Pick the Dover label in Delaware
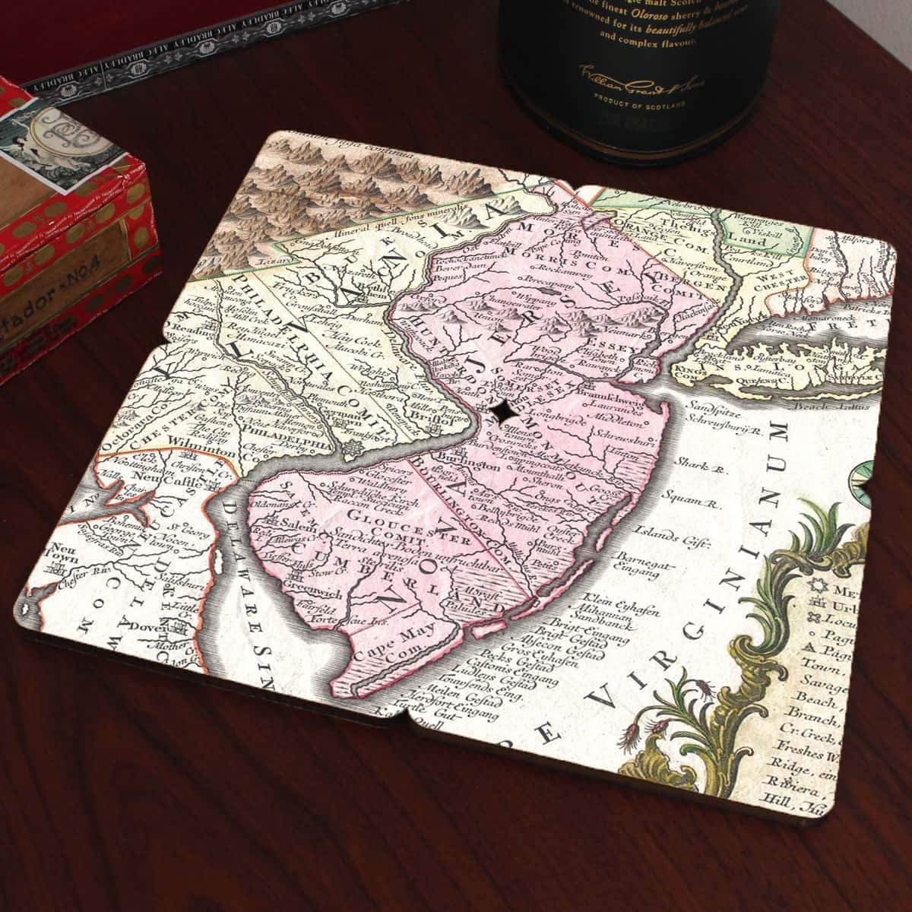pyautogui.click(x=160, y=628)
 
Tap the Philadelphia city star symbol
pyautogui.click(x=351, y=451)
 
